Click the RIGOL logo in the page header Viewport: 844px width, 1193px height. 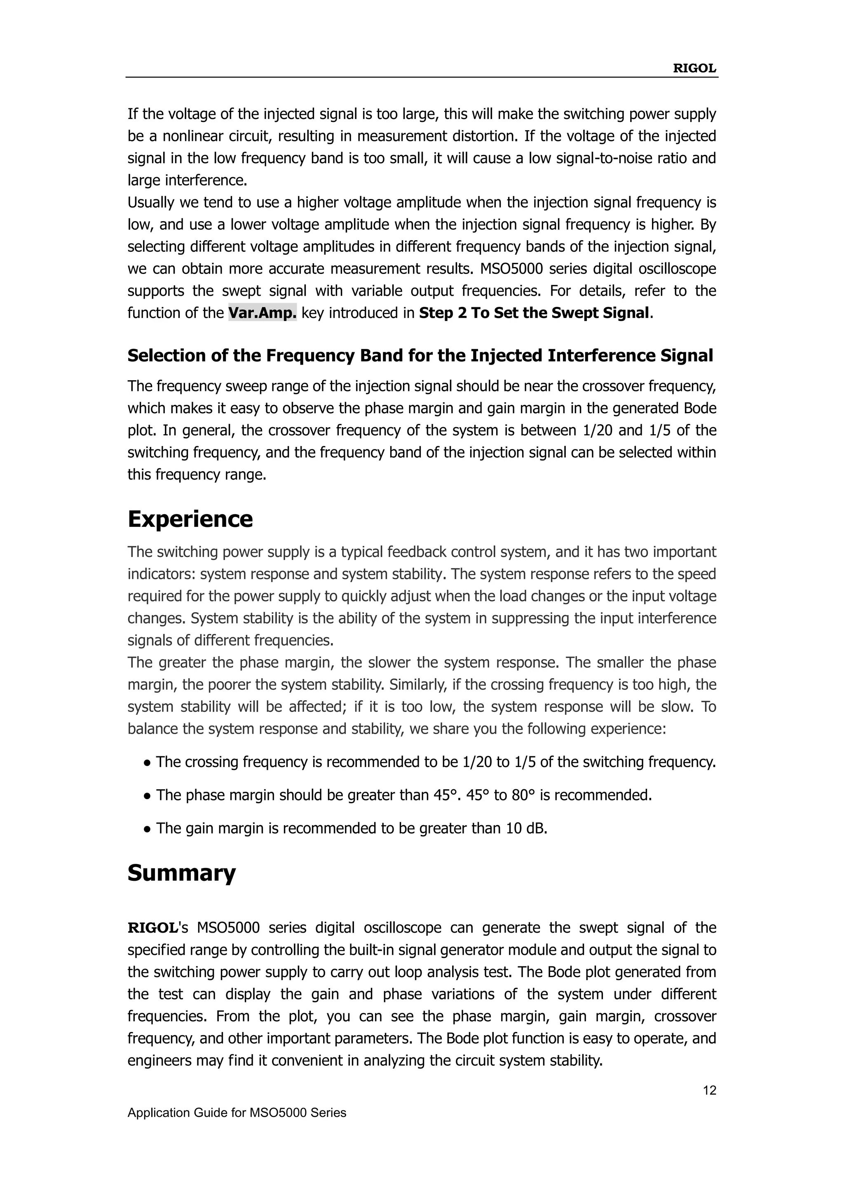tap(694, 68)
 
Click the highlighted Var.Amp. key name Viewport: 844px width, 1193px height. tap(263, 313)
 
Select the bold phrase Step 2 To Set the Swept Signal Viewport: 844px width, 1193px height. tap(534, 313)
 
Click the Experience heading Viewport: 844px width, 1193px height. tap(190, 519)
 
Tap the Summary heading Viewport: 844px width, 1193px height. tap(181, 873)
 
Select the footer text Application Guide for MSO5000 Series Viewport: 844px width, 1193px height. tap(237, 1112)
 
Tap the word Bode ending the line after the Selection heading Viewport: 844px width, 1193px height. tap(699, 408)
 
